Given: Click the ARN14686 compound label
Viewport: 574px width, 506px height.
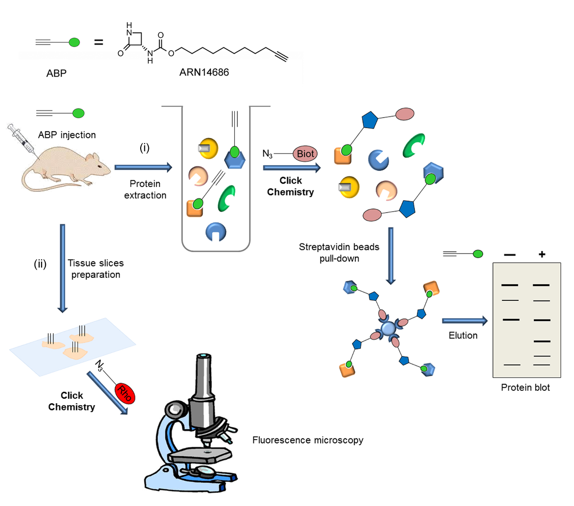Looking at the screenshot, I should pos(204,73).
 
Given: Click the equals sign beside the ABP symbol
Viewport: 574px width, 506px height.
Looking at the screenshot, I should pos(99,43).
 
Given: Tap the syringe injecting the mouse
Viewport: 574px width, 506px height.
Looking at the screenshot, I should pos(22,140).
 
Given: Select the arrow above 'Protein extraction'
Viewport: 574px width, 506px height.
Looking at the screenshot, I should pos(143,167).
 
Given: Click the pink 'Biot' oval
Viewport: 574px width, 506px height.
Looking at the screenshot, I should pos(305,154).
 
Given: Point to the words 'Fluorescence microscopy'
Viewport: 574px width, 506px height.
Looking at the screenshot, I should pos(308,440).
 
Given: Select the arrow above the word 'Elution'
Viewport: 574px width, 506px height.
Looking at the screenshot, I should pos(464,321).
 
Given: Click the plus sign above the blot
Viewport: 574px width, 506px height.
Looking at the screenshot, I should pos(541,254).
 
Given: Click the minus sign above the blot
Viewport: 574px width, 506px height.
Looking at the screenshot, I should pos(510,255).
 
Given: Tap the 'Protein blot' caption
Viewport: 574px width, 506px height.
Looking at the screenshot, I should pos(525,387).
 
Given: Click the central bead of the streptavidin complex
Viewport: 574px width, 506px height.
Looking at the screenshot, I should pos(388,329).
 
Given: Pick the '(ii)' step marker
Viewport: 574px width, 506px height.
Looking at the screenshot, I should pos(40,264).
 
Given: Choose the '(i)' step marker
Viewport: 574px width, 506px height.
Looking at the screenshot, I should pos(144,148).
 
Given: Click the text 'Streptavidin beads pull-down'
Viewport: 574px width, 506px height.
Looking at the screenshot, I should pos(339,253).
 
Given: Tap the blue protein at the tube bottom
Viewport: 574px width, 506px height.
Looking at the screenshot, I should pos(216,231).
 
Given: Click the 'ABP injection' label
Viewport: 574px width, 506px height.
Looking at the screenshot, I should pos(67,135).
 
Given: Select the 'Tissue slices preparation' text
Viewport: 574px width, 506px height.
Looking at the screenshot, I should pos(96,269).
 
